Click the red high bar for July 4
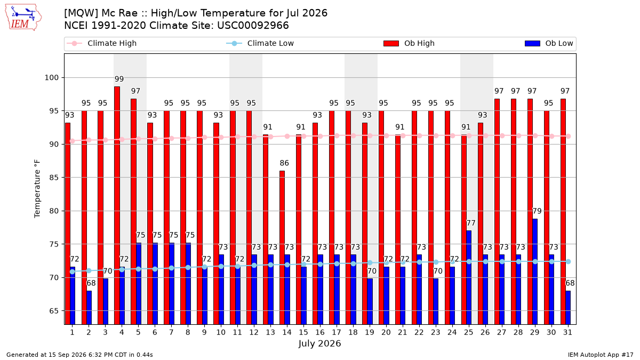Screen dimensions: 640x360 [117, 205]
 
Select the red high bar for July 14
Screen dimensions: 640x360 [282, 247]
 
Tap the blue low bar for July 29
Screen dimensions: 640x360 [535, 271]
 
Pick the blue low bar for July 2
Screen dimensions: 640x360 [89, 307]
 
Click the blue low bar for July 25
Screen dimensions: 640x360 [469, 277]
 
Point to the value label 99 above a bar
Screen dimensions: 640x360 [119, 79]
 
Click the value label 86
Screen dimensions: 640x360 [284, 163]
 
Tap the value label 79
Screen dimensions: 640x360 [537, 211]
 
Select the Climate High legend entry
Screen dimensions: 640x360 [101, 43]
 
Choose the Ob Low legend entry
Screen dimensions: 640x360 [549, 43]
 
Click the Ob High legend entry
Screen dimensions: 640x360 [409, 43]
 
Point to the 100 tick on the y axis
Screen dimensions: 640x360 [51, 78]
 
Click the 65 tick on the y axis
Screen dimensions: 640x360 [54, 311]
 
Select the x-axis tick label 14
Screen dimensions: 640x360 [287, 333]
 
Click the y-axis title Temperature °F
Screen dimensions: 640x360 [37, 189]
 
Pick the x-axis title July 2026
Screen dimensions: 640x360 [319, 343]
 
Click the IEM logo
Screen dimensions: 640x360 [23, 18]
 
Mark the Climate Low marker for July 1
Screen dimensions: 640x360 [73, 271]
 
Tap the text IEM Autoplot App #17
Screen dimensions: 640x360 [601, 355]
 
